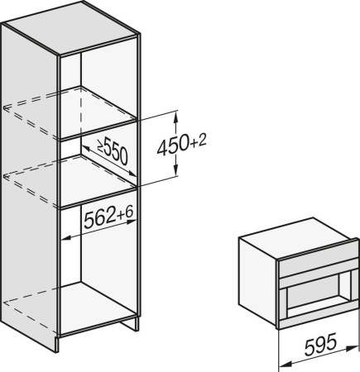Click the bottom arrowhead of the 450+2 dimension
[175, 177]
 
